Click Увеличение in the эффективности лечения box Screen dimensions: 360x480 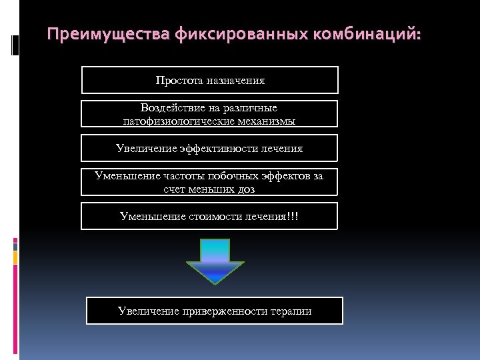tap(146, 149)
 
